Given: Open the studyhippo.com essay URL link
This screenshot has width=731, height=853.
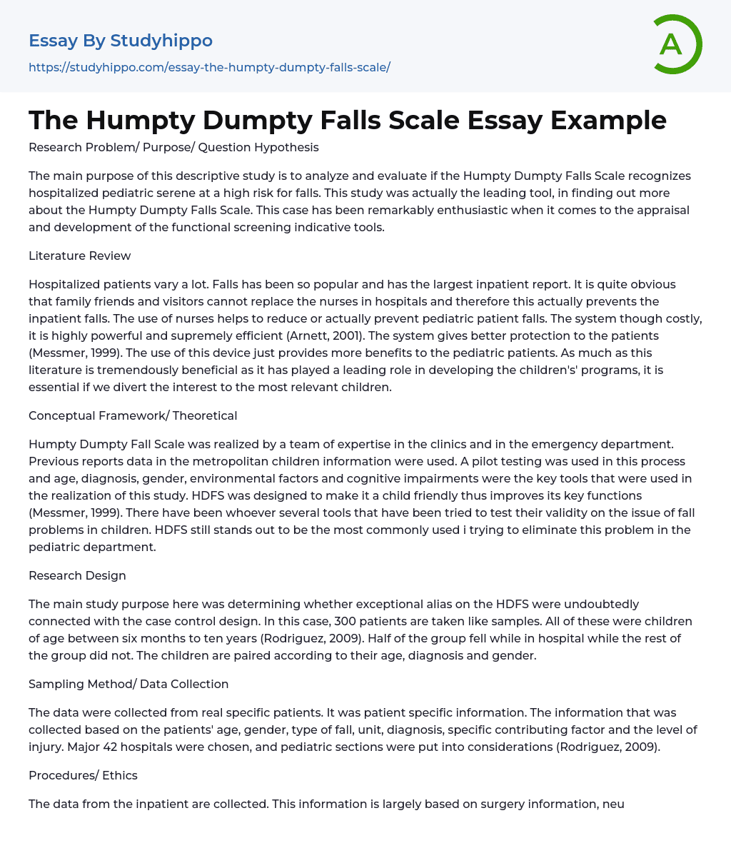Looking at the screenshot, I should pyautogui.click(x=209, y=67).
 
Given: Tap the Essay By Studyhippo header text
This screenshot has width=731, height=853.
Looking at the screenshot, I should pyautogui.click(x=121, y=41).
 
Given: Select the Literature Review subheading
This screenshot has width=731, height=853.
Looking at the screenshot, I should pyautogui.click(x=79, y=256).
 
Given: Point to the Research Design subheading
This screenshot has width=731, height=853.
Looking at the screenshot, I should pyautogui.click(x=77, y=575).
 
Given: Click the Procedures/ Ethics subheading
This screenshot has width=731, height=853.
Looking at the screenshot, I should pyautogui.click(x=83, y=775).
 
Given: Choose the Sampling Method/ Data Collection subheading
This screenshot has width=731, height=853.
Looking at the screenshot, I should pyautogui.click(x=128, y=684).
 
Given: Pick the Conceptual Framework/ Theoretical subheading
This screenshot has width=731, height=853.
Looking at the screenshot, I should pyautogui.click(x=133, y=415).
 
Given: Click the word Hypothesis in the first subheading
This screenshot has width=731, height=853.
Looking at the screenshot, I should pyautogui.click(x=285, y=147).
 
